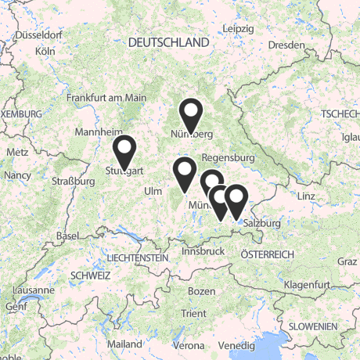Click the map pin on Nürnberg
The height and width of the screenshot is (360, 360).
pyautogui.click(x=191, y=114)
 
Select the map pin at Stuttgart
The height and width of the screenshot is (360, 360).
pyautogui.click(x=124, y=150)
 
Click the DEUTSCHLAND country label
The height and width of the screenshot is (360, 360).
pyautogui.click(x=169, y=41)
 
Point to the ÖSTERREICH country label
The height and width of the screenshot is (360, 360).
pyautogui.click(x=267, y=254)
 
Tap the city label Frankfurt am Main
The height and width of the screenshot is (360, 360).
pyautogui.click(x=106, y=98)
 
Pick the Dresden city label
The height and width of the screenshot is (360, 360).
pyautogui.click(x=286, y=45)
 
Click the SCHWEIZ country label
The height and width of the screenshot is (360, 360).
pyautogui.click(x=90, y=275)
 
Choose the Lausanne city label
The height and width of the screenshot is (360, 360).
pyautogui.click(x=34, y=290)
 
